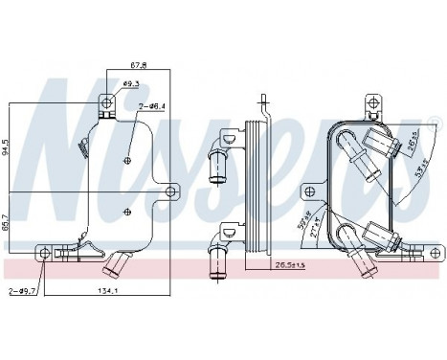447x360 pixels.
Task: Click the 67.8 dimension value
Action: (x=138, y=65)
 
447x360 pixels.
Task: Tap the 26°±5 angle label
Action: (x=406, y=142)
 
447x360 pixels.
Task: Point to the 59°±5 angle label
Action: (x=305, y=222)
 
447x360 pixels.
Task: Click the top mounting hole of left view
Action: (x=108, y=101)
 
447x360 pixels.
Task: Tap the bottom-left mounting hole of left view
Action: (x=46, y=252)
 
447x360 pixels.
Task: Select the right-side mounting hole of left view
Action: (x=171, y=192)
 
